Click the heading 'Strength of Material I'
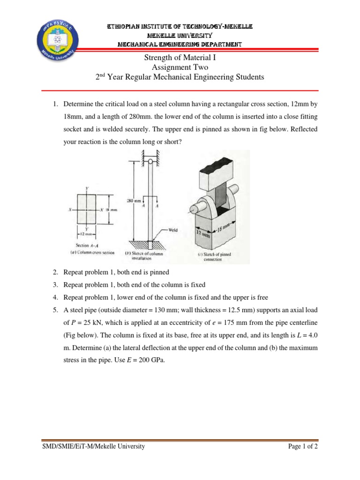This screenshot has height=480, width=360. click(x=180, y=58)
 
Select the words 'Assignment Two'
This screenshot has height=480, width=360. click(x=180, y=67)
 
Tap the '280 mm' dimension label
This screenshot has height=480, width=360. click(x=134, y=201)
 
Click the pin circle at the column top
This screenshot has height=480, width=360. click(x=150, y=162)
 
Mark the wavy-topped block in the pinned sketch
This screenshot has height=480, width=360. click(x=210, y=170)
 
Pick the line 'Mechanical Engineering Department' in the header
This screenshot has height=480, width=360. click(x=180, y=45)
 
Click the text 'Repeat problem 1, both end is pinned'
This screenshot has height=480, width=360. click(x=116, y=272)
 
